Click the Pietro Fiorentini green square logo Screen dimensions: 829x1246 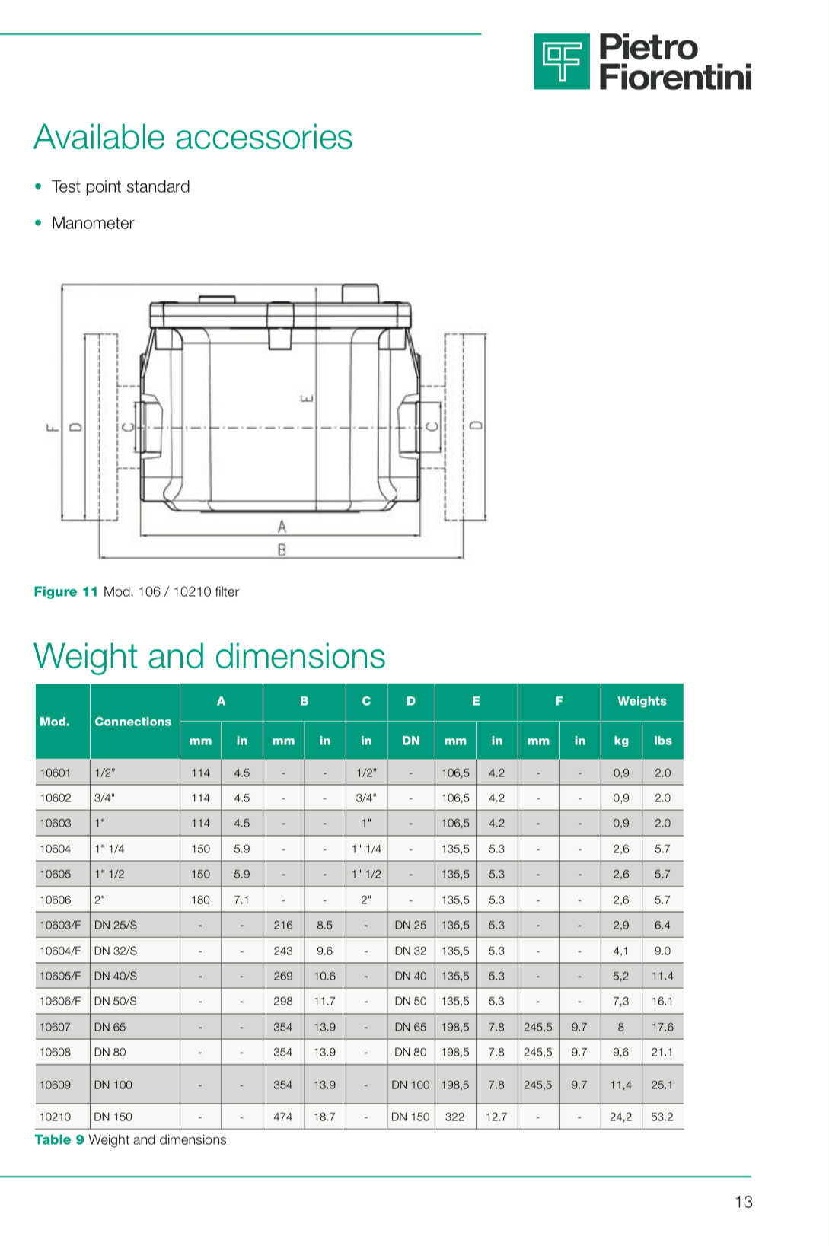click(x=561, y=61)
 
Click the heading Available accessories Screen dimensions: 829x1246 click(x=193, y=137)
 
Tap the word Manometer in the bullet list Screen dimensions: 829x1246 click(x=93, y=223)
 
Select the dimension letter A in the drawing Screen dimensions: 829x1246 click(x=282, y=526)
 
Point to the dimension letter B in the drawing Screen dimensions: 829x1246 click(x=282, y=550)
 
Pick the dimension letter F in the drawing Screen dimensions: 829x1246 click(x=52, y=427)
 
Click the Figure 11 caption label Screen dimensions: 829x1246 click(x=65, y=591)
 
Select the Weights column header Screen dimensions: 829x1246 click(x=642, y=701)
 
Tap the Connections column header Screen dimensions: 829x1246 click(x=133, y=722)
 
